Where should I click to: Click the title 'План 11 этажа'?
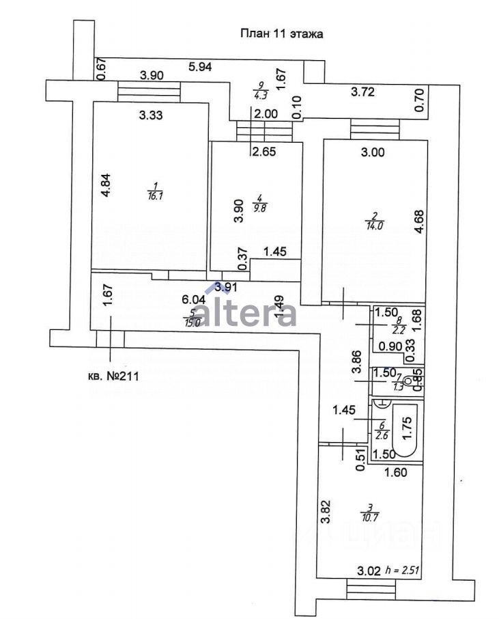[281, 33]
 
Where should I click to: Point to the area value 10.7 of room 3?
[369, 516]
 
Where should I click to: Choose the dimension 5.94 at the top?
[201, 66]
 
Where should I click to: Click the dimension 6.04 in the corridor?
[193, 299]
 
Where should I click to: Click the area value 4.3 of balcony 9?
[260, 96]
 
